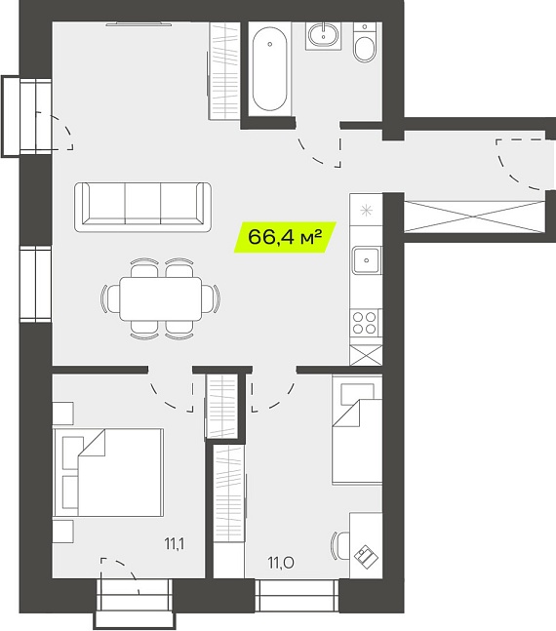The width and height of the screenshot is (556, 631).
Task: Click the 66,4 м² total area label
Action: pyautogui.click(x=285, y=237)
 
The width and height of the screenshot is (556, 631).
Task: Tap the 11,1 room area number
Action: pyautogui.click(x=175, y=544)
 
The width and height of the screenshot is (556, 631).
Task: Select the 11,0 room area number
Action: pyautogui.click(x=281, y=563)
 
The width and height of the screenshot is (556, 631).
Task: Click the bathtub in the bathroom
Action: pyautogui.click(x=270, y=69)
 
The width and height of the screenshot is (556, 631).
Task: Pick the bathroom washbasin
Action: pyautogui.click(x=323, y=35)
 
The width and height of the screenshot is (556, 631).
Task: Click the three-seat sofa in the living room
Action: pyautogui.click(x=143, y=207)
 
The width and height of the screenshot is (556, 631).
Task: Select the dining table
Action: pyautogui.click(x=161, y=298)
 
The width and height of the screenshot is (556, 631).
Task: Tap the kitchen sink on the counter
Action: pyautogui.click(x=366, y=260)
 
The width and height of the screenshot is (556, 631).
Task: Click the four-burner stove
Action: pyautogui.click(x=365, y=323)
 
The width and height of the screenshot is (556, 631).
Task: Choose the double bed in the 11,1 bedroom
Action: pyautogui.click(x=108, y=472)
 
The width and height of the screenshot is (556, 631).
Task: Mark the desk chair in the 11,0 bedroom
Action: pyautogui.click(x=340, y=545)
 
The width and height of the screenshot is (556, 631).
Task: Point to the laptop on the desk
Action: pyautogui.click(x=367, y=557)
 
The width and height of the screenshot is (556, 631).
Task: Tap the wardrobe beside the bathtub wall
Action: pyautogui.click(x=224, y=71)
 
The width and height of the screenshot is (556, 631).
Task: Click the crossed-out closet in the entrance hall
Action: pyautogui.click(x=474, y=217)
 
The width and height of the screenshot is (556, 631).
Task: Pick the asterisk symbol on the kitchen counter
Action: pyautogui.click(x=366, y=210)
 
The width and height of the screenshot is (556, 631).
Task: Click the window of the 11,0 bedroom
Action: pyautogui.click(x=297, y=596)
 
